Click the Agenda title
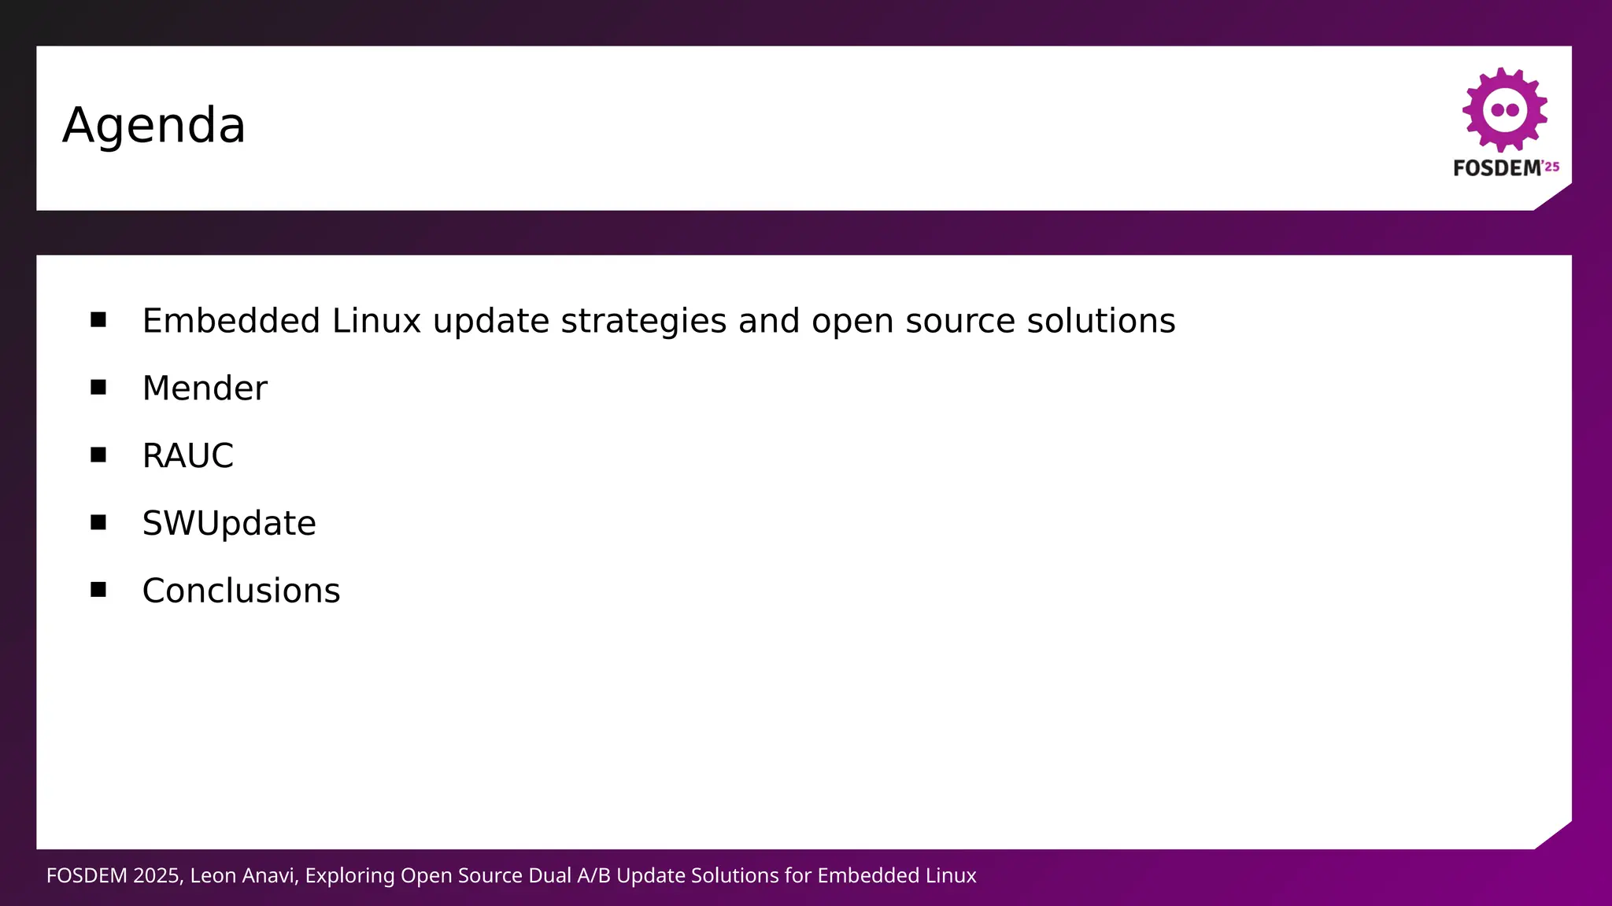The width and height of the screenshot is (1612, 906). (x=154, y=126)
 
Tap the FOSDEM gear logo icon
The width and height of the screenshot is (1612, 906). (x=1504, y=109)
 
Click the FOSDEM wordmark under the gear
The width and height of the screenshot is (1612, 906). (x=1497, y=168)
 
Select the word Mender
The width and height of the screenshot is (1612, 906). (x=205, y=389)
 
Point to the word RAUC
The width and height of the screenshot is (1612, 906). (x=187, y=456)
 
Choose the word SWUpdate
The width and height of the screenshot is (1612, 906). (x=229, y=524)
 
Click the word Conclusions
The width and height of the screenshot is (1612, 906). (x=241, y=591)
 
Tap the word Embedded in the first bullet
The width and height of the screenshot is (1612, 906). (x=231, y=321)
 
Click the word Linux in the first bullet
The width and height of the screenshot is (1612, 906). (x=376, y=321)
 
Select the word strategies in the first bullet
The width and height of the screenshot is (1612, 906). (x=643, y=321)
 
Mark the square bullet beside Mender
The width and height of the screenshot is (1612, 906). (x=98, y=387)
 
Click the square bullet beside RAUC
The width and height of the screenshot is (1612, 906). (x=98, y=455)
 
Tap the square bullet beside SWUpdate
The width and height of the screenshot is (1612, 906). (x=98, y=522)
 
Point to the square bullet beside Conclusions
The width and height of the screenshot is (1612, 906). (x=98, y=590)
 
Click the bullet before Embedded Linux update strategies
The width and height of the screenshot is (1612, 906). (x=98, y=319)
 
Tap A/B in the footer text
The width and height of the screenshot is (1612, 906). (x=593, y=876)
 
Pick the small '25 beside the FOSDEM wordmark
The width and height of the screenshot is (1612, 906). (x=1551, y=167)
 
